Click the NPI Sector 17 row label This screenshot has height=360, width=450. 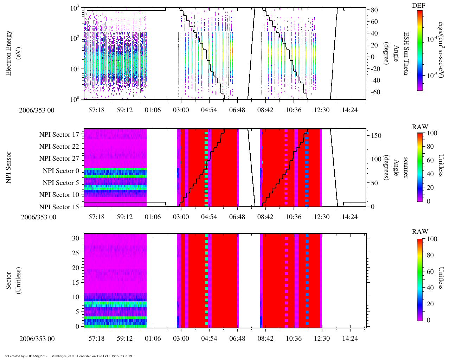(59, 134)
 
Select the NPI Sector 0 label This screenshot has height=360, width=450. (61, 171)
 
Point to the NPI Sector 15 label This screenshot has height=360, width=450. (59, 207)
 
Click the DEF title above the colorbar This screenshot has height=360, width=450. (419, 6)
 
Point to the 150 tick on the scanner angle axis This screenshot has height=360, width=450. (377, 135)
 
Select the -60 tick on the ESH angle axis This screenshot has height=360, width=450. (374, 92)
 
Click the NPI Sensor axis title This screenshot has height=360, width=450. (9, 167)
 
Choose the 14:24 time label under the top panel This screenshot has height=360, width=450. (349, 110)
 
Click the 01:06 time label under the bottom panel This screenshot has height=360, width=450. (153, 339)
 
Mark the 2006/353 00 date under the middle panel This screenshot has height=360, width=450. (39, 217)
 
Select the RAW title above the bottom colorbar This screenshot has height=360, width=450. (420, 232)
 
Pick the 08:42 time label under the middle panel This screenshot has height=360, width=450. (265, 217)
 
